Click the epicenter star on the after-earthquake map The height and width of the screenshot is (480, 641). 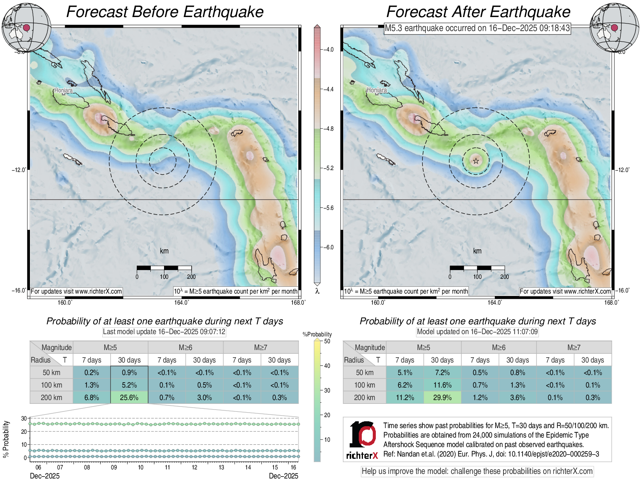coord(476,161)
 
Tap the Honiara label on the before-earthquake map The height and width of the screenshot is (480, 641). coord(63,90)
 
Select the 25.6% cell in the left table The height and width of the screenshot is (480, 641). coord(129,397)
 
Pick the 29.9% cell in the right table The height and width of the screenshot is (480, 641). coord(442,397)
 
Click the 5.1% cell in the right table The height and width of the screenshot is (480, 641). coord(405,372)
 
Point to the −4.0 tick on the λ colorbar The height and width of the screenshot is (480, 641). coord(328,50)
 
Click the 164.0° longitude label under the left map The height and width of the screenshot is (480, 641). coord(181,302)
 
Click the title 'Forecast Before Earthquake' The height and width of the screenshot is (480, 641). coord(165,12)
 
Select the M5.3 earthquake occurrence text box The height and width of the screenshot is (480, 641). coord(477,28)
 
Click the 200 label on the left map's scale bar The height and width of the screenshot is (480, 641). coord(191,277)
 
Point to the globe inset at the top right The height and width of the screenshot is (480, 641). coord(614,28)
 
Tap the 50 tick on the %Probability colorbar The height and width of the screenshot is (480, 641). coord(327,341)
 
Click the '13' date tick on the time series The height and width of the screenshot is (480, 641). coord(221,467)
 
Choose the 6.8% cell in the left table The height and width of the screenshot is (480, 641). coord(92,397)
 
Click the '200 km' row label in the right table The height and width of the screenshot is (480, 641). coord(364,397)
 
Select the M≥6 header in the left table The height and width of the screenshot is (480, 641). coord(185,347)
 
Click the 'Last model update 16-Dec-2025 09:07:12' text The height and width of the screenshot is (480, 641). coord(164,332)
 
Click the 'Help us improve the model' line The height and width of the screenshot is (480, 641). coord(477,471)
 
